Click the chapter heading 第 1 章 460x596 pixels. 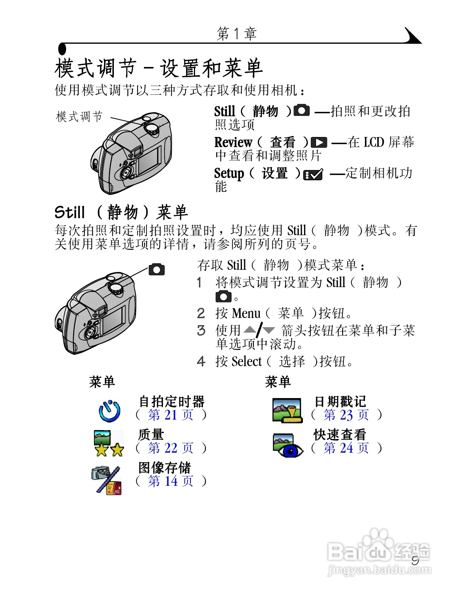(x=237, y=34)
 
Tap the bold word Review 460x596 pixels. (x=233, y=143)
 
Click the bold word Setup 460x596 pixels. (x=229, y=173)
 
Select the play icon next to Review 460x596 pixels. (x=319, y=143)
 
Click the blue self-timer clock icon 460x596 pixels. (x=109, y=411)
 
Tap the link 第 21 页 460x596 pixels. (x=171, y=415)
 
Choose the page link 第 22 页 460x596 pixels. (x=171, y=448)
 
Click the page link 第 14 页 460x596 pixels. (x=171, y=481)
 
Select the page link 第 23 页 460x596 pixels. (x=346, y=415)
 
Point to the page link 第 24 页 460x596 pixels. (x=346, y=448)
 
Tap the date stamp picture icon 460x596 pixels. (x=287, y=411)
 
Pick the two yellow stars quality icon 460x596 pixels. (x=108, y=443)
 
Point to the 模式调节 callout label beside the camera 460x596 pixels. (x=79, y=117)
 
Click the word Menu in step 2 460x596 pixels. (x=246, y=313)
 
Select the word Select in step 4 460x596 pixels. (x=246, y=362)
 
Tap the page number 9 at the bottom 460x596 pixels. (x=415, y=561)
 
